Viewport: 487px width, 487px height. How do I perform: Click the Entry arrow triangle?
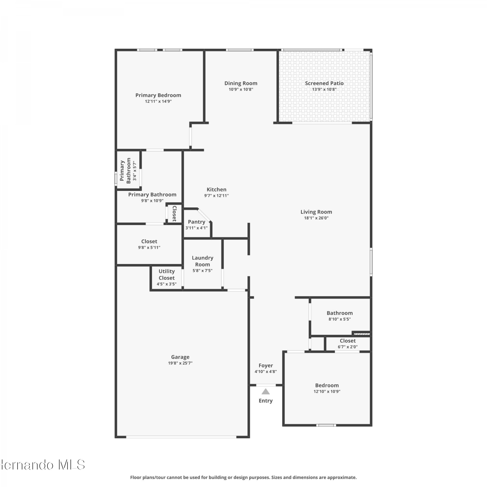tap(266, 392)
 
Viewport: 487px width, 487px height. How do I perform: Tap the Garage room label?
tap(180, 357)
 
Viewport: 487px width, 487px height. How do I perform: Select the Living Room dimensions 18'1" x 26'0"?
tap(316, 218)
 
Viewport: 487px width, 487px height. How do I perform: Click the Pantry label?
tap(196, 222)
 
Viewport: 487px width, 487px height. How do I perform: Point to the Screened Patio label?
tap(324, 83)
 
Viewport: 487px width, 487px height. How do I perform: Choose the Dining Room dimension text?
tap(241, 90)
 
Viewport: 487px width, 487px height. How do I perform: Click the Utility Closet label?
tap(167, 275)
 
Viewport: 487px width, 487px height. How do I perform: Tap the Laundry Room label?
tap(203, 261)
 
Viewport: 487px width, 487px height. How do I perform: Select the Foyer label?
tap(266, 366)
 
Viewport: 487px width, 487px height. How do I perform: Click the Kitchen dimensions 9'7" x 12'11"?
tap(217, 196)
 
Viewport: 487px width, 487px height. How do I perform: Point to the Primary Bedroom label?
tap(158, 95)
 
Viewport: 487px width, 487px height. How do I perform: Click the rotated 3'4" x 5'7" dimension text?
tap(135, 171)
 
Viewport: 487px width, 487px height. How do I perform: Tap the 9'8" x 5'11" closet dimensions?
tap(149, 248)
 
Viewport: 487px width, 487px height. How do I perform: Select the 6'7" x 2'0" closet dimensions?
tap(348, 347)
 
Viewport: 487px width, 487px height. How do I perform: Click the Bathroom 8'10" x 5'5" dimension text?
tap(340, 319)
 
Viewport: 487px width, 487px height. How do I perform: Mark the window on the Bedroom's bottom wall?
tap(326, 425)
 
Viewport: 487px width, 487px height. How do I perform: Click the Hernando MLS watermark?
tap(43, 465)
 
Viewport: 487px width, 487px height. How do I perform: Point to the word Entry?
tap(266, 401)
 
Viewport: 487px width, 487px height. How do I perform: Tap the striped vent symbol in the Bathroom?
tap(361, 333)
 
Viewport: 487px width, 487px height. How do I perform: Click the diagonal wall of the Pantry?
tap(204, 215)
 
